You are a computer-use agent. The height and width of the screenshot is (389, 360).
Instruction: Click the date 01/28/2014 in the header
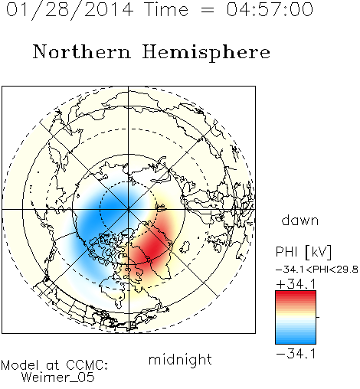[70, 10]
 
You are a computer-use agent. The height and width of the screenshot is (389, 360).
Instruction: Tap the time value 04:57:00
[270, 9]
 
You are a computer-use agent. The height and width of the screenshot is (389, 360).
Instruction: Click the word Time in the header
[166, 9]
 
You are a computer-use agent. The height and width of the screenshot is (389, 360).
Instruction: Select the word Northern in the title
[82, 51]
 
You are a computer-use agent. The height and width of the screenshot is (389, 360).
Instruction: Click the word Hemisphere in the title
[206, 53]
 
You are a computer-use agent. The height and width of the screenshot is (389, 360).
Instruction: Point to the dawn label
[300, 220]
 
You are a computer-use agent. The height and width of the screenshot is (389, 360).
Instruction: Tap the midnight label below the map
[180, 360]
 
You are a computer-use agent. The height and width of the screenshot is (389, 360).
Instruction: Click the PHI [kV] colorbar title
[303, 252]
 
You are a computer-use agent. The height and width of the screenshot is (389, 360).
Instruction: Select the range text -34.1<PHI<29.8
[317, 270]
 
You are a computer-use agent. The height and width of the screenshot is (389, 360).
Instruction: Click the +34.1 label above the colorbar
[296, 284]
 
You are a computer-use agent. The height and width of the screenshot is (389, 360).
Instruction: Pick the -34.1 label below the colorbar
[296, 354]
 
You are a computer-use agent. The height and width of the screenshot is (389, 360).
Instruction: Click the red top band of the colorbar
[296, 295]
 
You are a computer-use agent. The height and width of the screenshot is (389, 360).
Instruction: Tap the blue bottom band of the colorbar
[296, 340]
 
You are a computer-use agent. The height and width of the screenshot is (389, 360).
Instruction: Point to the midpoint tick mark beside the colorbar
[318, 317]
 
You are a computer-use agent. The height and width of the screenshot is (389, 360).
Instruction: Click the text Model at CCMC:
[54, 365]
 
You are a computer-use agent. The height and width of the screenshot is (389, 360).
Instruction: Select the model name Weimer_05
[58, 378]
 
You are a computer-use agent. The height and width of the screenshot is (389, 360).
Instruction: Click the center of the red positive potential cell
[153, 247]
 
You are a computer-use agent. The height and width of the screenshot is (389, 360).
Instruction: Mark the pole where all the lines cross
[129, 209]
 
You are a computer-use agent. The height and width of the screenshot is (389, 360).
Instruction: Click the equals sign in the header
[207, 10]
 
